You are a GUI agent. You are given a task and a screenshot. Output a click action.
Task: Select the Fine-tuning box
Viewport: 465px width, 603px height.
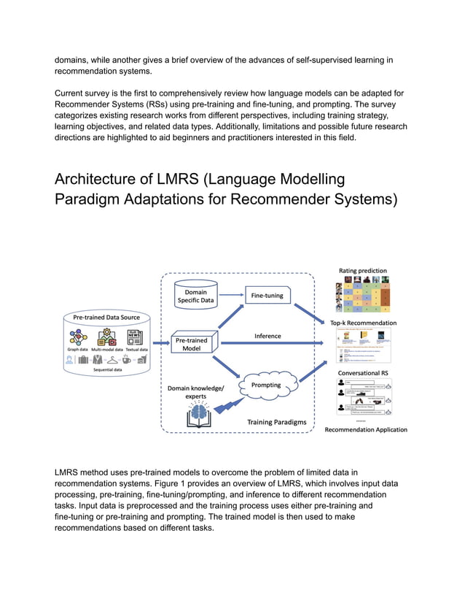[x=267, y=296]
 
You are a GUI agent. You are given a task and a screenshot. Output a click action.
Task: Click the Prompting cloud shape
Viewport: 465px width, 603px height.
[x=266, y=385]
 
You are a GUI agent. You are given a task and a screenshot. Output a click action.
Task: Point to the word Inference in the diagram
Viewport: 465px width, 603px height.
[x=267, y=336]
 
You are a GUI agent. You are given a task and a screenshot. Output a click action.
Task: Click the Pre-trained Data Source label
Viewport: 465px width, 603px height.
[x=106, y=317]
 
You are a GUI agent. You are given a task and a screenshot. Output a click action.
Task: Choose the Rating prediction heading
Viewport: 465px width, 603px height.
[x=362, y=271]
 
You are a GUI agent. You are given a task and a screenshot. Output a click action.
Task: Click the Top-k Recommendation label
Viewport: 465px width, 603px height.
[x=363, y=322]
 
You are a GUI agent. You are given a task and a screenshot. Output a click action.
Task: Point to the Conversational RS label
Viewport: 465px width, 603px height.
[x=362, y=373]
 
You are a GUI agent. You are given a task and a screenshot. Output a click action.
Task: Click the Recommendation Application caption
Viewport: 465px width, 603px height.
[x=365, y=430]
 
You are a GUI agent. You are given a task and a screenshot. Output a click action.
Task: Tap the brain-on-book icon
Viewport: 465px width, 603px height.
[x=198, y=417]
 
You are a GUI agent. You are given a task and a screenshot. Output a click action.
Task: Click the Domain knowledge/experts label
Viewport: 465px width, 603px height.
[x=197, y=391]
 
